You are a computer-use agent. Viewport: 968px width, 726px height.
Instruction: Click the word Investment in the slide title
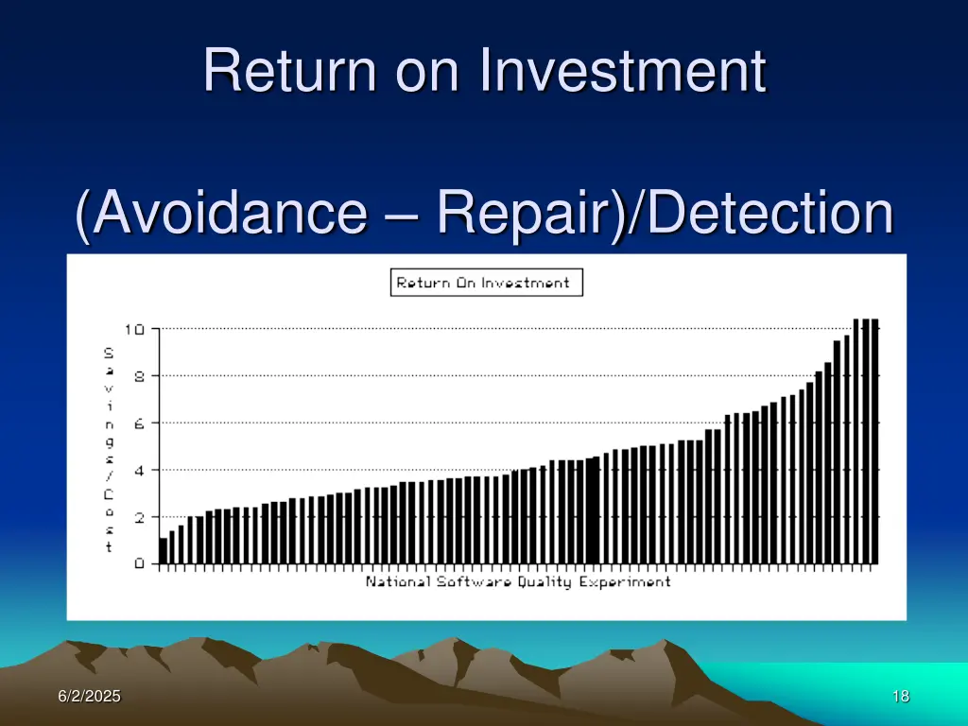623,71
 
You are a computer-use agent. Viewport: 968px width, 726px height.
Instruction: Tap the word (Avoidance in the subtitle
219,214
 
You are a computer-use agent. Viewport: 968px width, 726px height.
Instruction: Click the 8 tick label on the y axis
139,376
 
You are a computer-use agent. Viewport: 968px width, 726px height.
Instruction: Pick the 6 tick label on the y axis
139,423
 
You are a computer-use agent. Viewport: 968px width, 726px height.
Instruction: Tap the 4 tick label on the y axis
139,470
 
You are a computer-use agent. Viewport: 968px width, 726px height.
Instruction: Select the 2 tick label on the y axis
139,517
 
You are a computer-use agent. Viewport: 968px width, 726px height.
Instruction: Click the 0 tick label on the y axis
139,564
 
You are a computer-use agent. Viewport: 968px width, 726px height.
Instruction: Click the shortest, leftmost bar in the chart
164,551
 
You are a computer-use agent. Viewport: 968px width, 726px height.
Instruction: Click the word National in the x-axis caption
398,581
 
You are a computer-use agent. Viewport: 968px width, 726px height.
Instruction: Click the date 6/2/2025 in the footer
89,697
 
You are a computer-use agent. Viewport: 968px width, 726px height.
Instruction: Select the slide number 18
900,697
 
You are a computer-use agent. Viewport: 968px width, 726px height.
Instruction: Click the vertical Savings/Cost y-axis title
109,450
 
